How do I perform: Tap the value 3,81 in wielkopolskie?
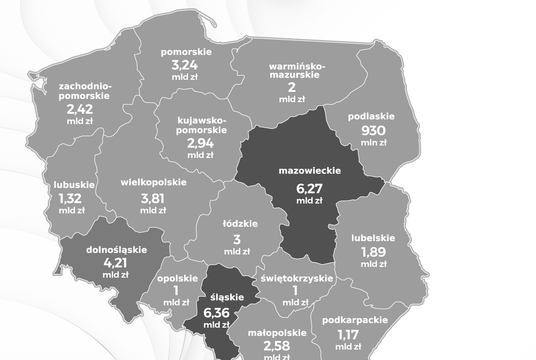pyautogui.click(x=148, y=197)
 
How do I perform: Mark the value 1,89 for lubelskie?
pyautogui.click(x=374, y=251)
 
